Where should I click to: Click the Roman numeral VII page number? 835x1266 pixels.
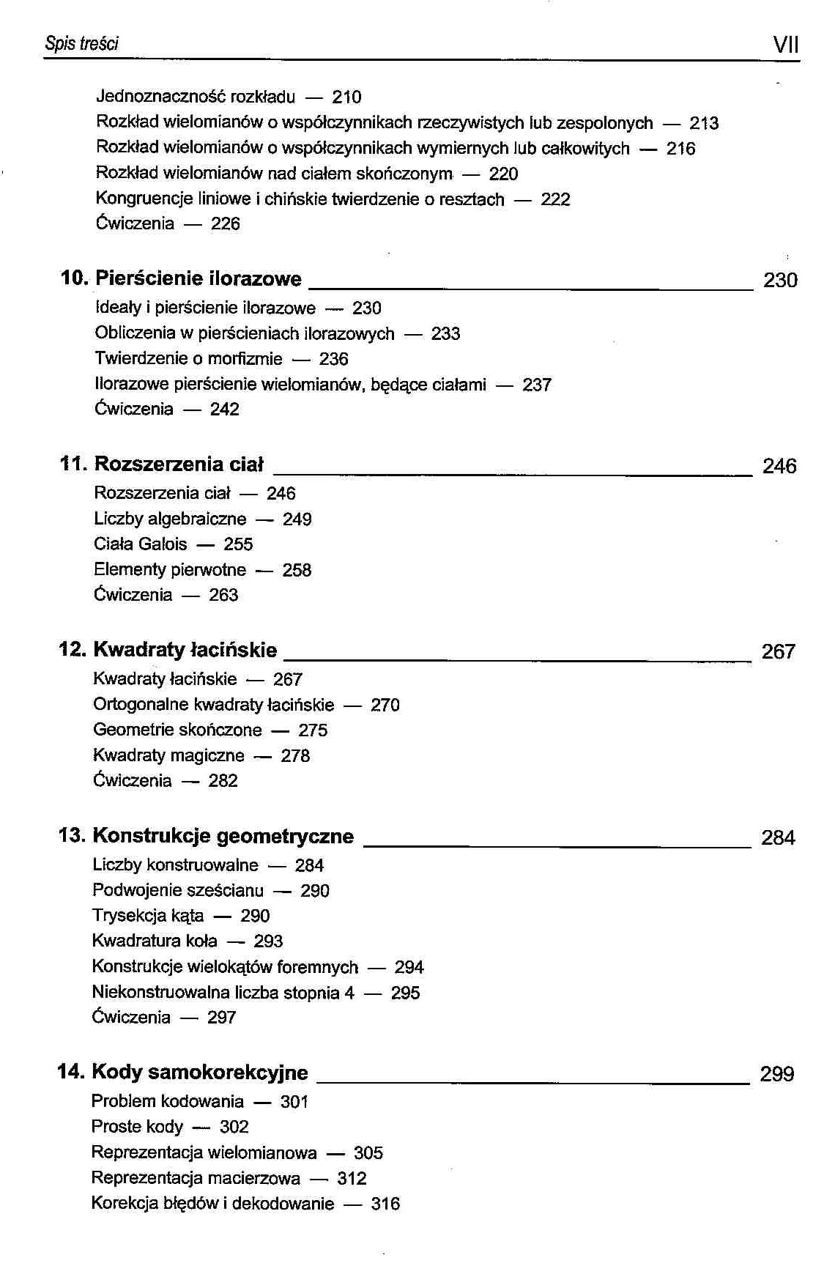coord(785,45)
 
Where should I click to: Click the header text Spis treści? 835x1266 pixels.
coord(81,44)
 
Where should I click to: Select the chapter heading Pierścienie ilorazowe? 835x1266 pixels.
coord(198,279)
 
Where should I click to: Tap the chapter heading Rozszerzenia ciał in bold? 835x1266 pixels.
coord(179,464)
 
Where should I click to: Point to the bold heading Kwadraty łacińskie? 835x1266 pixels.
coord(185,650)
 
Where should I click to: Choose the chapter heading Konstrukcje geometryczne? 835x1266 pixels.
coord(223,836)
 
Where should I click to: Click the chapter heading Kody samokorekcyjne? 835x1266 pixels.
coord(200,1073)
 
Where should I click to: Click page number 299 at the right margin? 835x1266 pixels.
coord(777,1074)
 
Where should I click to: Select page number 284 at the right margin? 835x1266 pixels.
coord(778,837)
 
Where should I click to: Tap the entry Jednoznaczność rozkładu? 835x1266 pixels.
coord(196,97)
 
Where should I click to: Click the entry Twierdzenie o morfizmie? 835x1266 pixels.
coord(188,359)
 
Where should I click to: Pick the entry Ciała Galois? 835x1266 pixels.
coord(141,544)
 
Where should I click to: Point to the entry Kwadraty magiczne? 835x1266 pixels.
coord(168,755)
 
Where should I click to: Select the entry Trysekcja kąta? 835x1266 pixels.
coord(148,916)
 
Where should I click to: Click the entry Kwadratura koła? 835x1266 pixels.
coord(155,941)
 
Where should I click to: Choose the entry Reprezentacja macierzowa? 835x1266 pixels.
coord(196,1178)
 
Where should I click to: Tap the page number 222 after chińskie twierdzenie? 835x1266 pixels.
coord(555,199)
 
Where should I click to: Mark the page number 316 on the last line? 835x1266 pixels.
coord(385,1204)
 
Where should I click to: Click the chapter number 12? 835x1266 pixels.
coord(73,650)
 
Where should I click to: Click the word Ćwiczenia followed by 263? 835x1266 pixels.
coord(133,595)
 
